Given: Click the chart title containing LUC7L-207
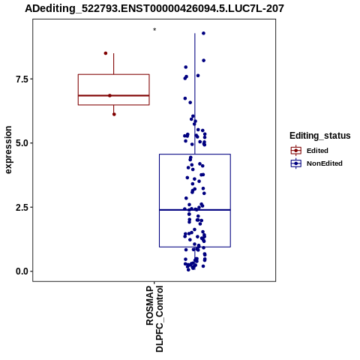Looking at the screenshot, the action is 154,9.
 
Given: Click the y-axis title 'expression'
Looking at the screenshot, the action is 8,150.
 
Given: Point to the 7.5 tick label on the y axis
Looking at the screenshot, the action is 21,79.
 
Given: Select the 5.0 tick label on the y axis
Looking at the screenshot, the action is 21,143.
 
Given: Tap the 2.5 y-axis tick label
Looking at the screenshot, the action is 21,207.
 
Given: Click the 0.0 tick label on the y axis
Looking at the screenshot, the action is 21,271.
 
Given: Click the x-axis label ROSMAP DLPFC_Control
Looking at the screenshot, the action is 154,319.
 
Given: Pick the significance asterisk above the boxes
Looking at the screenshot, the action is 154,30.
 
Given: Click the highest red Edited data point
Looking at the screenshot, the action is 106,53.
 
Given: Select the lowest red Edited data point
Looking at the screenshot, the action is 114,114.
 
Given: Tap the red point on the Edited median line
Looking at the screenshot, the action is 109,95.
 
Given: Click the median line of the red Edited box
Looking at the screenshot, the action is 114,95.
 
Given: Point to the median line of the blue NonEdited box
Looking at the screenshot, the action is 195,210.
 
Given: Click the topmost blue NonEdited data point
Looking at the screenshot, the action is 203,33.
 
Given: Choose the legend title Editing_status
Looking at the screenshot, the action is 320,136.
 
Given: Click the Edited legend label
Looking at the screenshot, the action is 317,151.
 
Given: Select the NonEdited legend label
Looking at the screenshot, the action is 325,163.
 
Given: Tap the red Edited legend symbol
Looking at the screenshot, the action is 296,151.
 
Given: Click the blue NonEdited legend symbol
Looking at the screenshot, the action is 296,163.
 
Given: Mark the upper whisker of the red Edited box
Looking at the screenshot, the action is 114,64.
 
